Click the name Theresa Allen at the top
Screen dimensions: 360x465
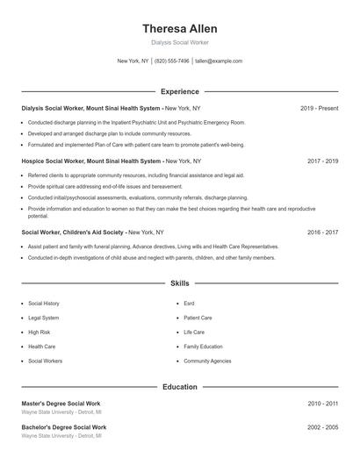tap(179, 28)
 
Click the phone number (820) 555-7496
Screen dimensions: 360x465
tap(172, 61)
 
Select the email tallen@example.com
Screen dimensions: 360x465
tap(219, 61)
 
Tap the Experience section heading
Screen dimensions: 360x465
tap(179, 91)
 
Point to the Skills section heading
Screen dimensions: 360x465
tap(179, 284)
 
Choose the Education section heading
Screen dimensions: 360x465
tap(179, 387)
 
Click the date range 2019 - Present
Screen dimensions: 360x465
tap(319, 108)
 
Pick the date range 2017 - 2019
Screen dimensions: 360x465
tap(322, 161)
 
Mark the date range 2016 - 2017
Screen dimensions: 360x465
tap(322, 232)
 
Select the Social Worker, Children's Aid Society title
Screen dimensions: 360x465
tap(73, 232)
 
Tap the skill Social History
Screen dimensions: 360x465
tap(44, 304)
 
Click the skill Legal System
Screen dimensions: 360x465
tap(44, 318)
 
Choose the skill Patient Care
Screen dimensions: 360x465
tap(198, 318)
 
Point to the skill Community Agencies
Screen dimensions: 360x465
tap(207, 361)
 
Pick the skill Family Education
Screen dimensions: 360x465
tap(203, 347)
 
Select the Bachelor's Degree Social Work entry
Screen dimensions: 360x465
tap(63, 427)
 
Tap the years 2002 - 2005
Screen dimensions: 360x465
tap(322, 427)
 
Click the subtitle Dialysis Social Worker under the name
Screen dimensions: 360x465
tap(179, 42)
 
